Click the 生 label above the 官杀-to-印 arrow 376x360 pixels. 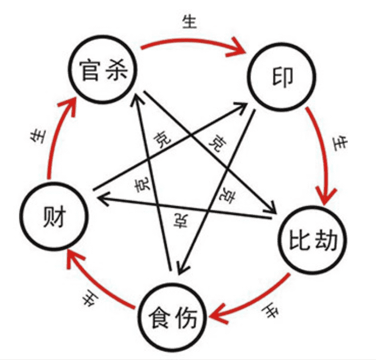click(x=190, y=21)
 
